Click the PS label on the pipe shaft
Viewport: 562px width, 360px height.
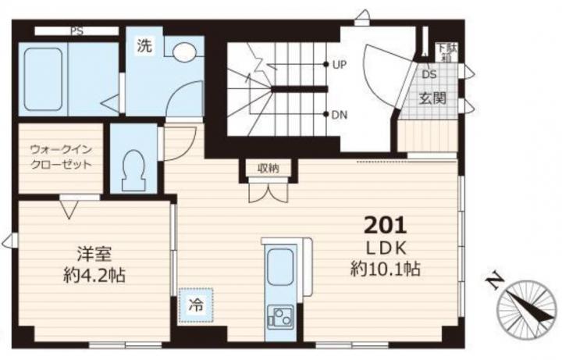tap(76, 31)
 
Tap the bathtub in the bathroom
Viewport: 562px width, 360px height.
tap(44, 79)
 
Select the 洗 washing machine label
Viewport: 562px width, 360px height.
tap(144, 46)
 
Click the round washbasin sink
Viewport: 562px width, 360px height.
tap(184, 52)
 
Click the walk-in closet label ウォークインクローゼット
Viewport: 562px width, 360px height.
tap(61, 157)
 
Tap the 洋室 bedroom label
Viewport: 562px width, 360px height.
tap(94, 255)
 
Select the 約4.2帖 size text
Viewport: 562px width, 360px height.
tap(94, 276)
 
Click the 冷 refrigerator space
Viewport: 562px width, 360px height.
tap(196, 305)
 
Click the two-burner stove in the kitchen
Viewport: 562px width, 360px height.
tap(281, 316)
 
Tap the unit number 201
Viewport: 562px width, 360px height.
tap(386, 226)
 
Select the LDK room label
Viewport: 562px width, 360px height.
tap(386, 248)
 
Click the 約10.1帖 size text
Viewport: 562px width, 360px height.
tap(386, 269)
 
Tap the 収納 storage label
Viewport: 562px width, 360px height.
tap(269, 168)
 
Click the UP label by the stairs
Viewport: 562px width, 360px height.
tap(340, 65)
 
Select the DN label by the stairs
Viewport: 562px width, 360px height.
tap(340, 115)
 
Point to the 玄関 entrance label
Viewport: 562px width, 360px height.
tap(432, 98)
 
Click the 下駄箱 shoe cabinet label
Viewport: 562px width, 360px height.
tap(446, 52)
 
